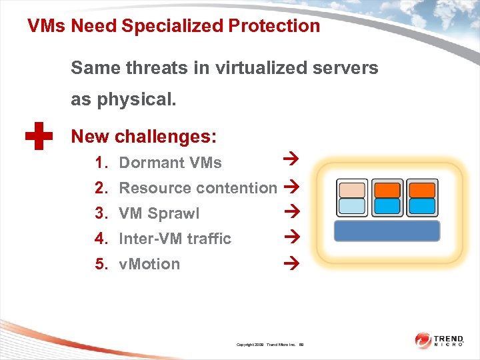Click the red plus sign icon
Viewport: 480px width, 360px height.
coord(39,136)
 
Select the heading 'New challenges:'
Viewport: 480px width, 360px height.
coord(143,137)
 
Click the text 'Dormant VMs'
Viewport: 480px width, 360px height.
coord(170,163)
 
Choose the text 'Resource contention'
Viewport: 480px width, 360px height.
coord(197,188)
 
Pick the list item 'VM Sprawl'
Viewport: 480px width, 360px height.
coord(159,213)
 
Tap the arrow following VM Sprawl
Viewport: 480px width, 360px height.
coord(289,212)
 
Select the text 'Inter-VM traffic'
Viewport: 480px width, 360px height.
coord(175,239)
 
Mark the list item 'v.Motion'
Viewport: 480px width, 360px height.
coord(149,264)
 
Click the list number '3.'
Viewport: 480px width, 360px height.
coord(101,213)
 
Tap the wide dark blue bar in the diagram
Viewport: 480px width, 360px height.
coord(387,231)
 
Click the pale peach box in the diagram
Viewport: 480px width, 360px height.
coord(352,190)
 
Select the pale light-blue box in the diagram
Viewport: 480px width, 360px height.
coord(352,206)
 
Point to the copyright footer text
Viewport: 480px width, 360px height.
coord(270,345)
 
